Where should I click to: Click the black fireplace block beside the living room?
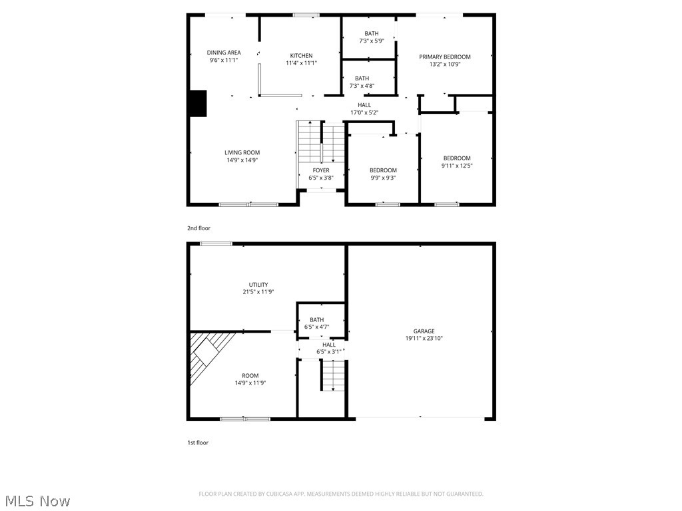[198, 103]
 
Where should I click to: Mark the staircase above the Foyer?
[321, 142]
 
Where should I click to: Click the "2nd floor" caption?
[198, 228]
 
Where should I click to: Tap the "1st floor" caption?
[197, 442]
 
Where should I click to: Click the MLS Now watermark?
[37, 500]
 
